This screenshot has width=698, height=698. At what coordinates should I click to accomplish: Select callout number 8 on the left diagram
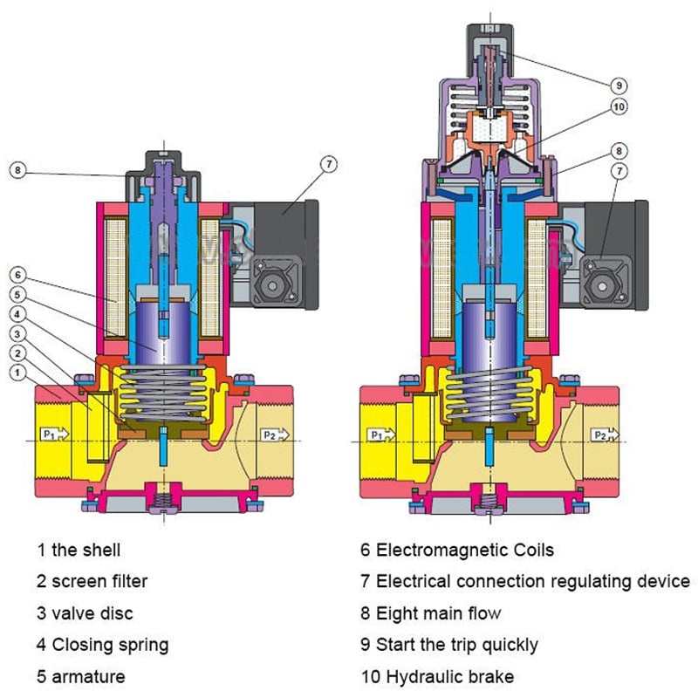(17, 170)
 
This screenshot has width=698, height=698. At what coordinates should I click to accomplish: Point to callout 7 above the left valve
(327, 163)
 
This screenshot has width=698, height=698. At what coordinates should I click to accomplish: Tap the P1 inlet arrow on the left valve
(53, 434)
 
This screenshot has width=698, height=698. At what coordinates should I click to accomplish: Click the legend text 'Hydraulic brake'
(444, 676)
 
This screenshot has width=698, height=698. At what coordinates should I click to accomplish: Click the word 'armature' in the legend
(88, 676)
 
